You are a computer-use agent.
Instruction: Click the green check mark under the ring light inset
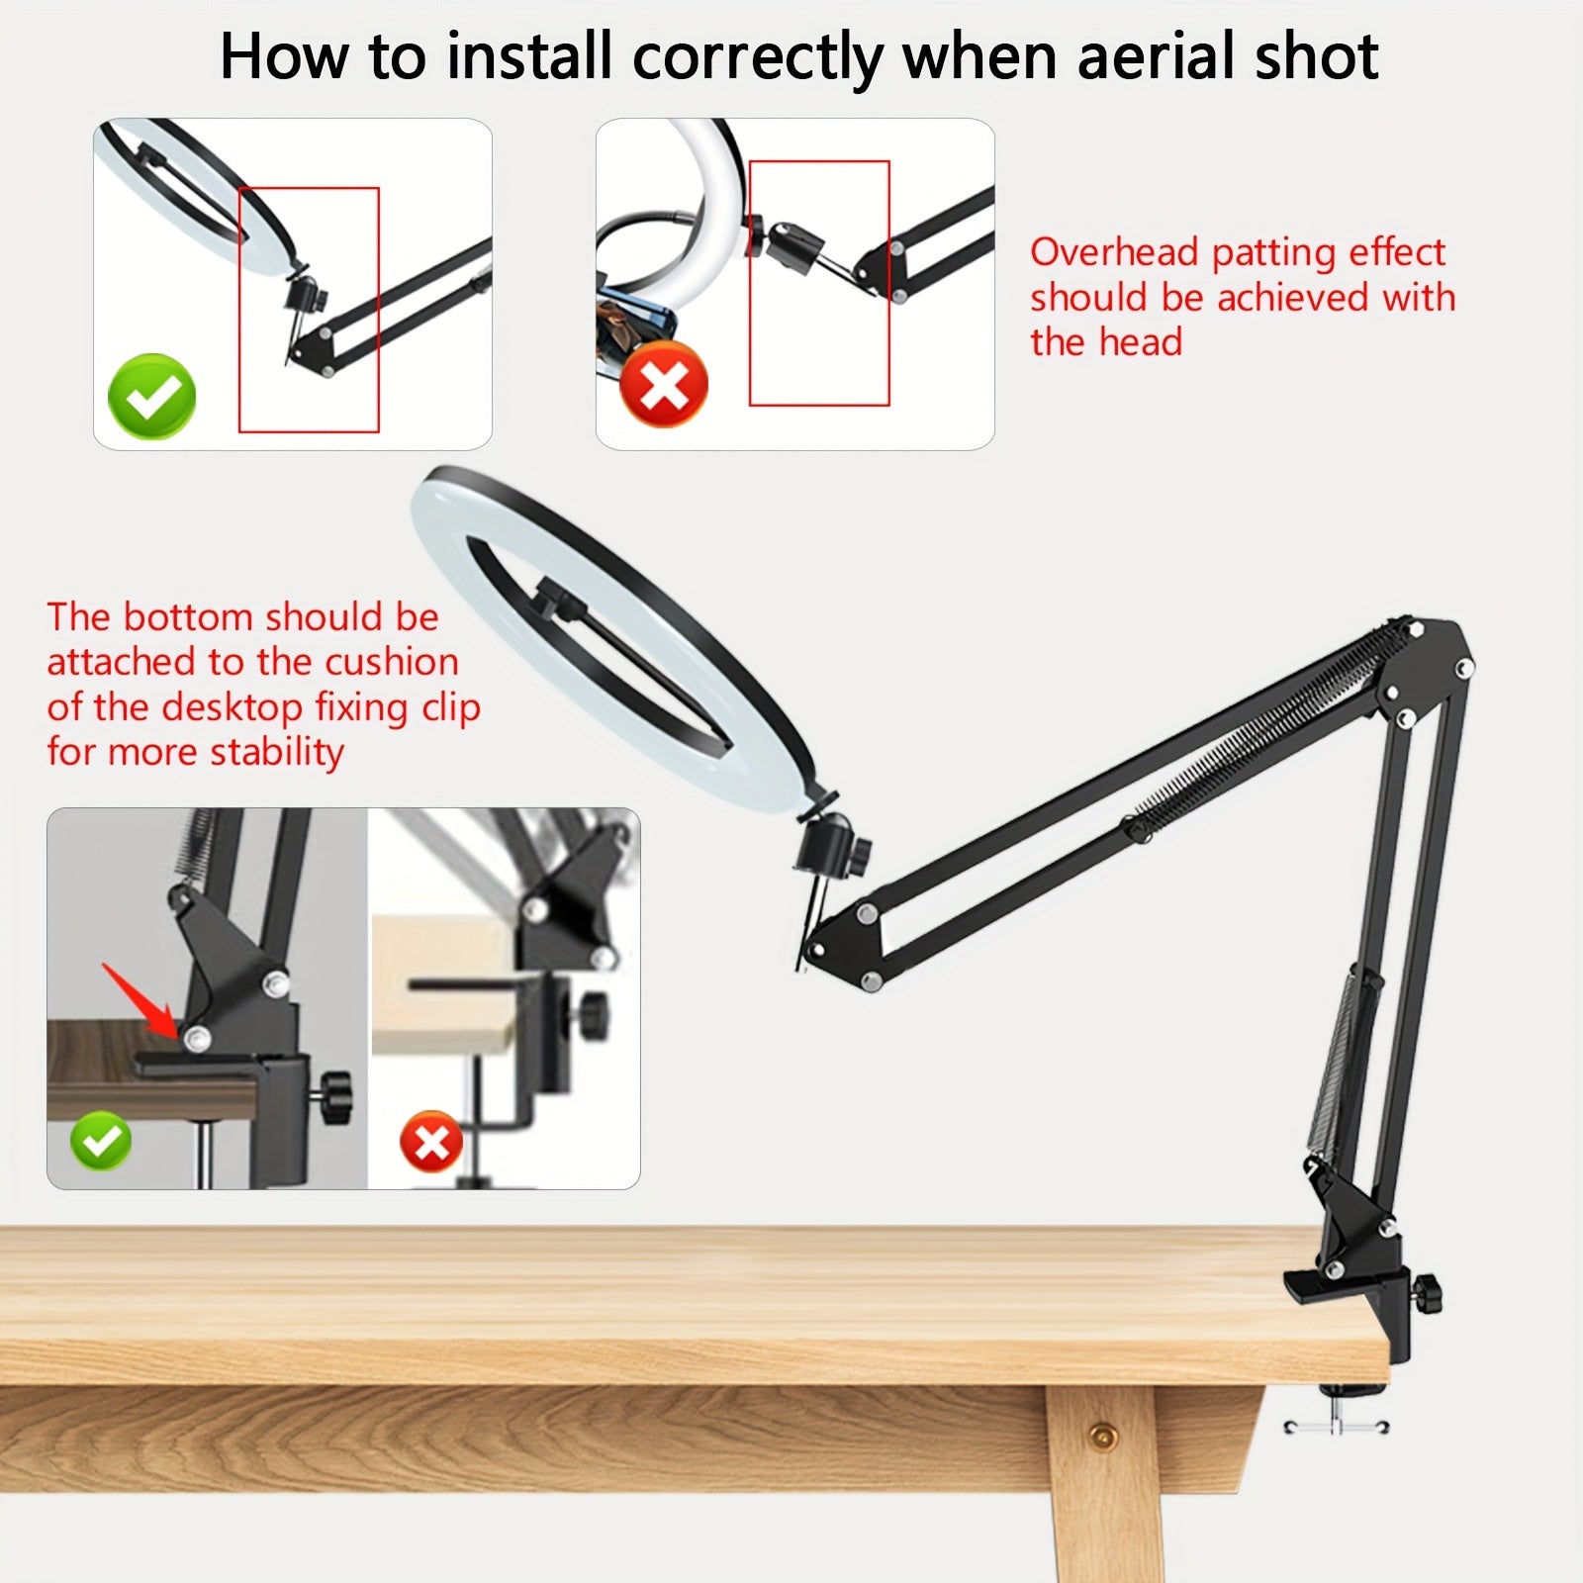click(151, 396)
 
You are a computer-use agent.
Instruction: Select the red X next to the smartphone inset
click(664, 384)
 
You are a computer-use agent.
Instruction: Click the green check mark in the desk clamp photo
click(101, 1141)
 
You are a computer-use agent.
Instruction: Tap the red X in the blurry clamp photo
click(431, 1142)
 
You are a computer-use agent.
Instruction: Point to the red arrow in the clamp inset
click(140, 999)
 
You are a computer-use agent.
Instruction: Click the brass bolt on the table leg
click(1101, 1434)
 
